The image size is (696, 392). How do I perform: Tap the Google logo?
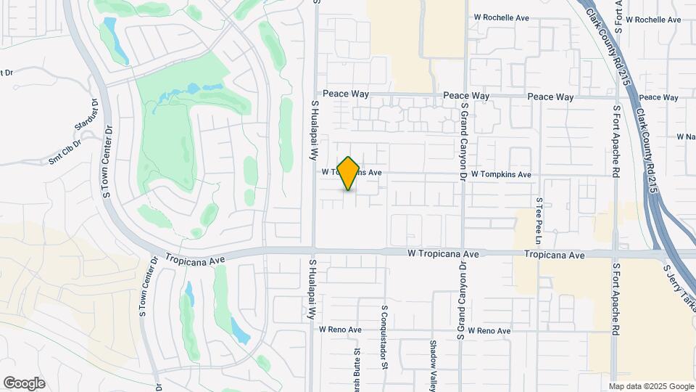(x=24, y=383)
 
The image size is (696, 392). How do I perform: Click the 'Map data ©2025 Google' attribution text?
(x=650, y=386)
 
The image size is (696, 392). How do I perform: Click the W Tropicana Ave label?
(x=444, y=254)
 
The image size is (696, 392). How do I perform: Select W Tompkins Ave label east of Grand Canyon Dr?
(x=501, y=175)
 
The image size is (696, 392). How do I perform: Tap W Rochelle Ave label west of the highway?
(x=501, y=17)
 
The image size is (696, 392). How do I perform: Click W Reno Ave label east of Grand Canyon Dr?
(x=489, y=331)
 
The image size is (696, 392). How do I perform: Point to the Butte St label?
(x=357, y=370)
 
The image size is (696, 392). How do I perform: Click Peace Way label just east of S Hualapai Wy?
(x=347, y=94)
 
